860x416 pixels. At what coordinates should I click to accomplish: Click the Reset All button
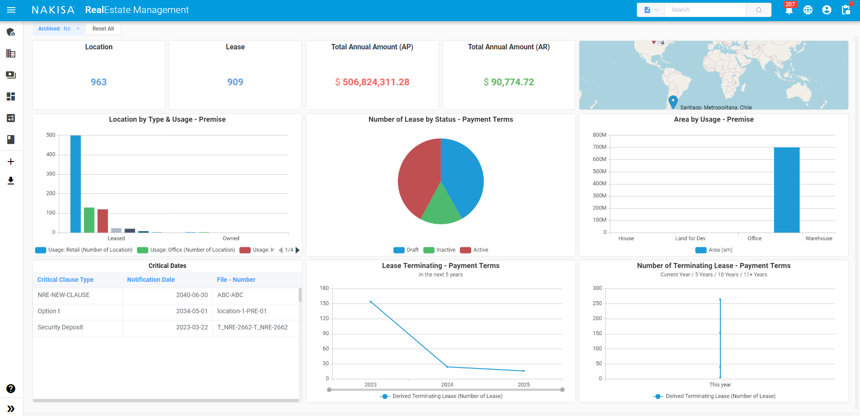click(103, 29)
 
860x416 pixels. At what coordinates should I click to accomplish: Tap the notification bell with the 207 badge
click(789, 10)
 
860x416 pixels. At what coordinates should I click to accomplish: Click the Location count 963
click(99, 82)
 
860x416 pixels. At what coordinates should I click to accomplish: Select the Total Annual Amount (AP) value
click(372, 82)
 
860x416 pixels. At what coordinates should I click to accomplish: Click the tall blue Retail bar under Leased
click(75, 184)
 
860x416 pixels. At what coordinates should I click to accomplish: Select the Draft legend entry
click(406, 250)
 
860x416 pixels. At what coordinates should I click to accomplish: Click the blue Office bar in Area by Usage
click(786, 190)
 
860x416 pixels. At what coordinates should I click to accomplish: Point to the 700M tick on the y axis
click(600, 147)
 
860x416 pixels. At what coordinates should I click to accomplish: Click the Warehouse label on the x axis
click(818, 238)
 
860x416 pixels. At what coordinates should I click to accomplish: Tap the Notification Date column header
click(151, 280)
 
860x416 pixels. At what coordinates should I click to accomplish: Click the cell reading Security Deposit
click(61, 328)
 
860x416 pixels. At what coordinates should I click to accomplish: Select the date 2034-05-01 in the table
click(192, 311)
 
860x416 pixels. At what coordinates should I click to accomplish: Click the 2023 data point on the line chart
click(370, 302)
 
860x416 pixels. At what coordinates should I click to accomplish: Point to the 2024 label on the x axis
click(447, 385)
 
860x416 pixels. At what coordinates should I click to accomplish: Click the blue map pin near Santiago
click(673, 101)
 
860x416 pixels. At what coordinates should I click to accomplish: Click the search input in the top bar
click(705, 10)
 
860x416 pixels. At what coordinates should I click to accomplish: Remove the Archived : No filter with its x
click(78, 29)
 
